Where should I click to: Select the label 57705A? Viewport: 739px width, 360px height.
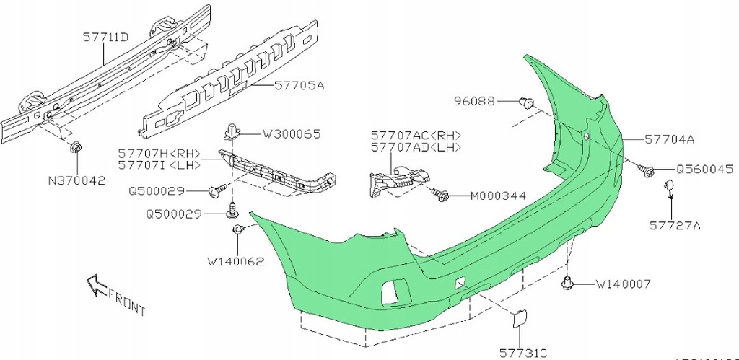tap(299, 85)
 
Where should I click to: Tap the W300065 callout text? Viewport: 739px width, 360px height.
tap(291, 133)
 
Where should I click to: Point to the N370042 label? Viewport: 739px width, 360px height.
tap(76, 182)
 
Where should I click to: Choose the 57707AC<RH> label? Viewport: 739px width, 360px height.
tap(416, 135)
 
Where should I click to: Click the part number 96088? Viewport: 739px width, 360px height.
tap(475, 102)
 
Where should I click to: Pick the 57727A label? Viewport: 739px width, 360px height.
tap(674, 225)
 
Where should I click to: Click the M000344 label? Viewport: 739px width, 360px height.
tap(497, 196)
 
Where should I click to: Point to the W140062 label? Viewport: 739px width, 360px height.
tap(235, 262)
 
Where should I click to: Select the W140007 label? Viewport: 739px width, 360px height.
tap(623, 284)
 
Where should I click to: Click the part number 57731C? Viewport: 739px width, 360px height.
tap(523, 353)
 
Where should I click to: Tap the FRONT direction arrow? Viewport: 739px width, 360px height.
tap(93, 284)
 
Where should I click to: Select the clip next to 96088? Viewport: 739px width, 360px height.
tap(528, 103)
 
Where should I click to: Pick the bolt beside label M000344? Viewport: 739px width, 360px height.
tap(442, 193)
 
